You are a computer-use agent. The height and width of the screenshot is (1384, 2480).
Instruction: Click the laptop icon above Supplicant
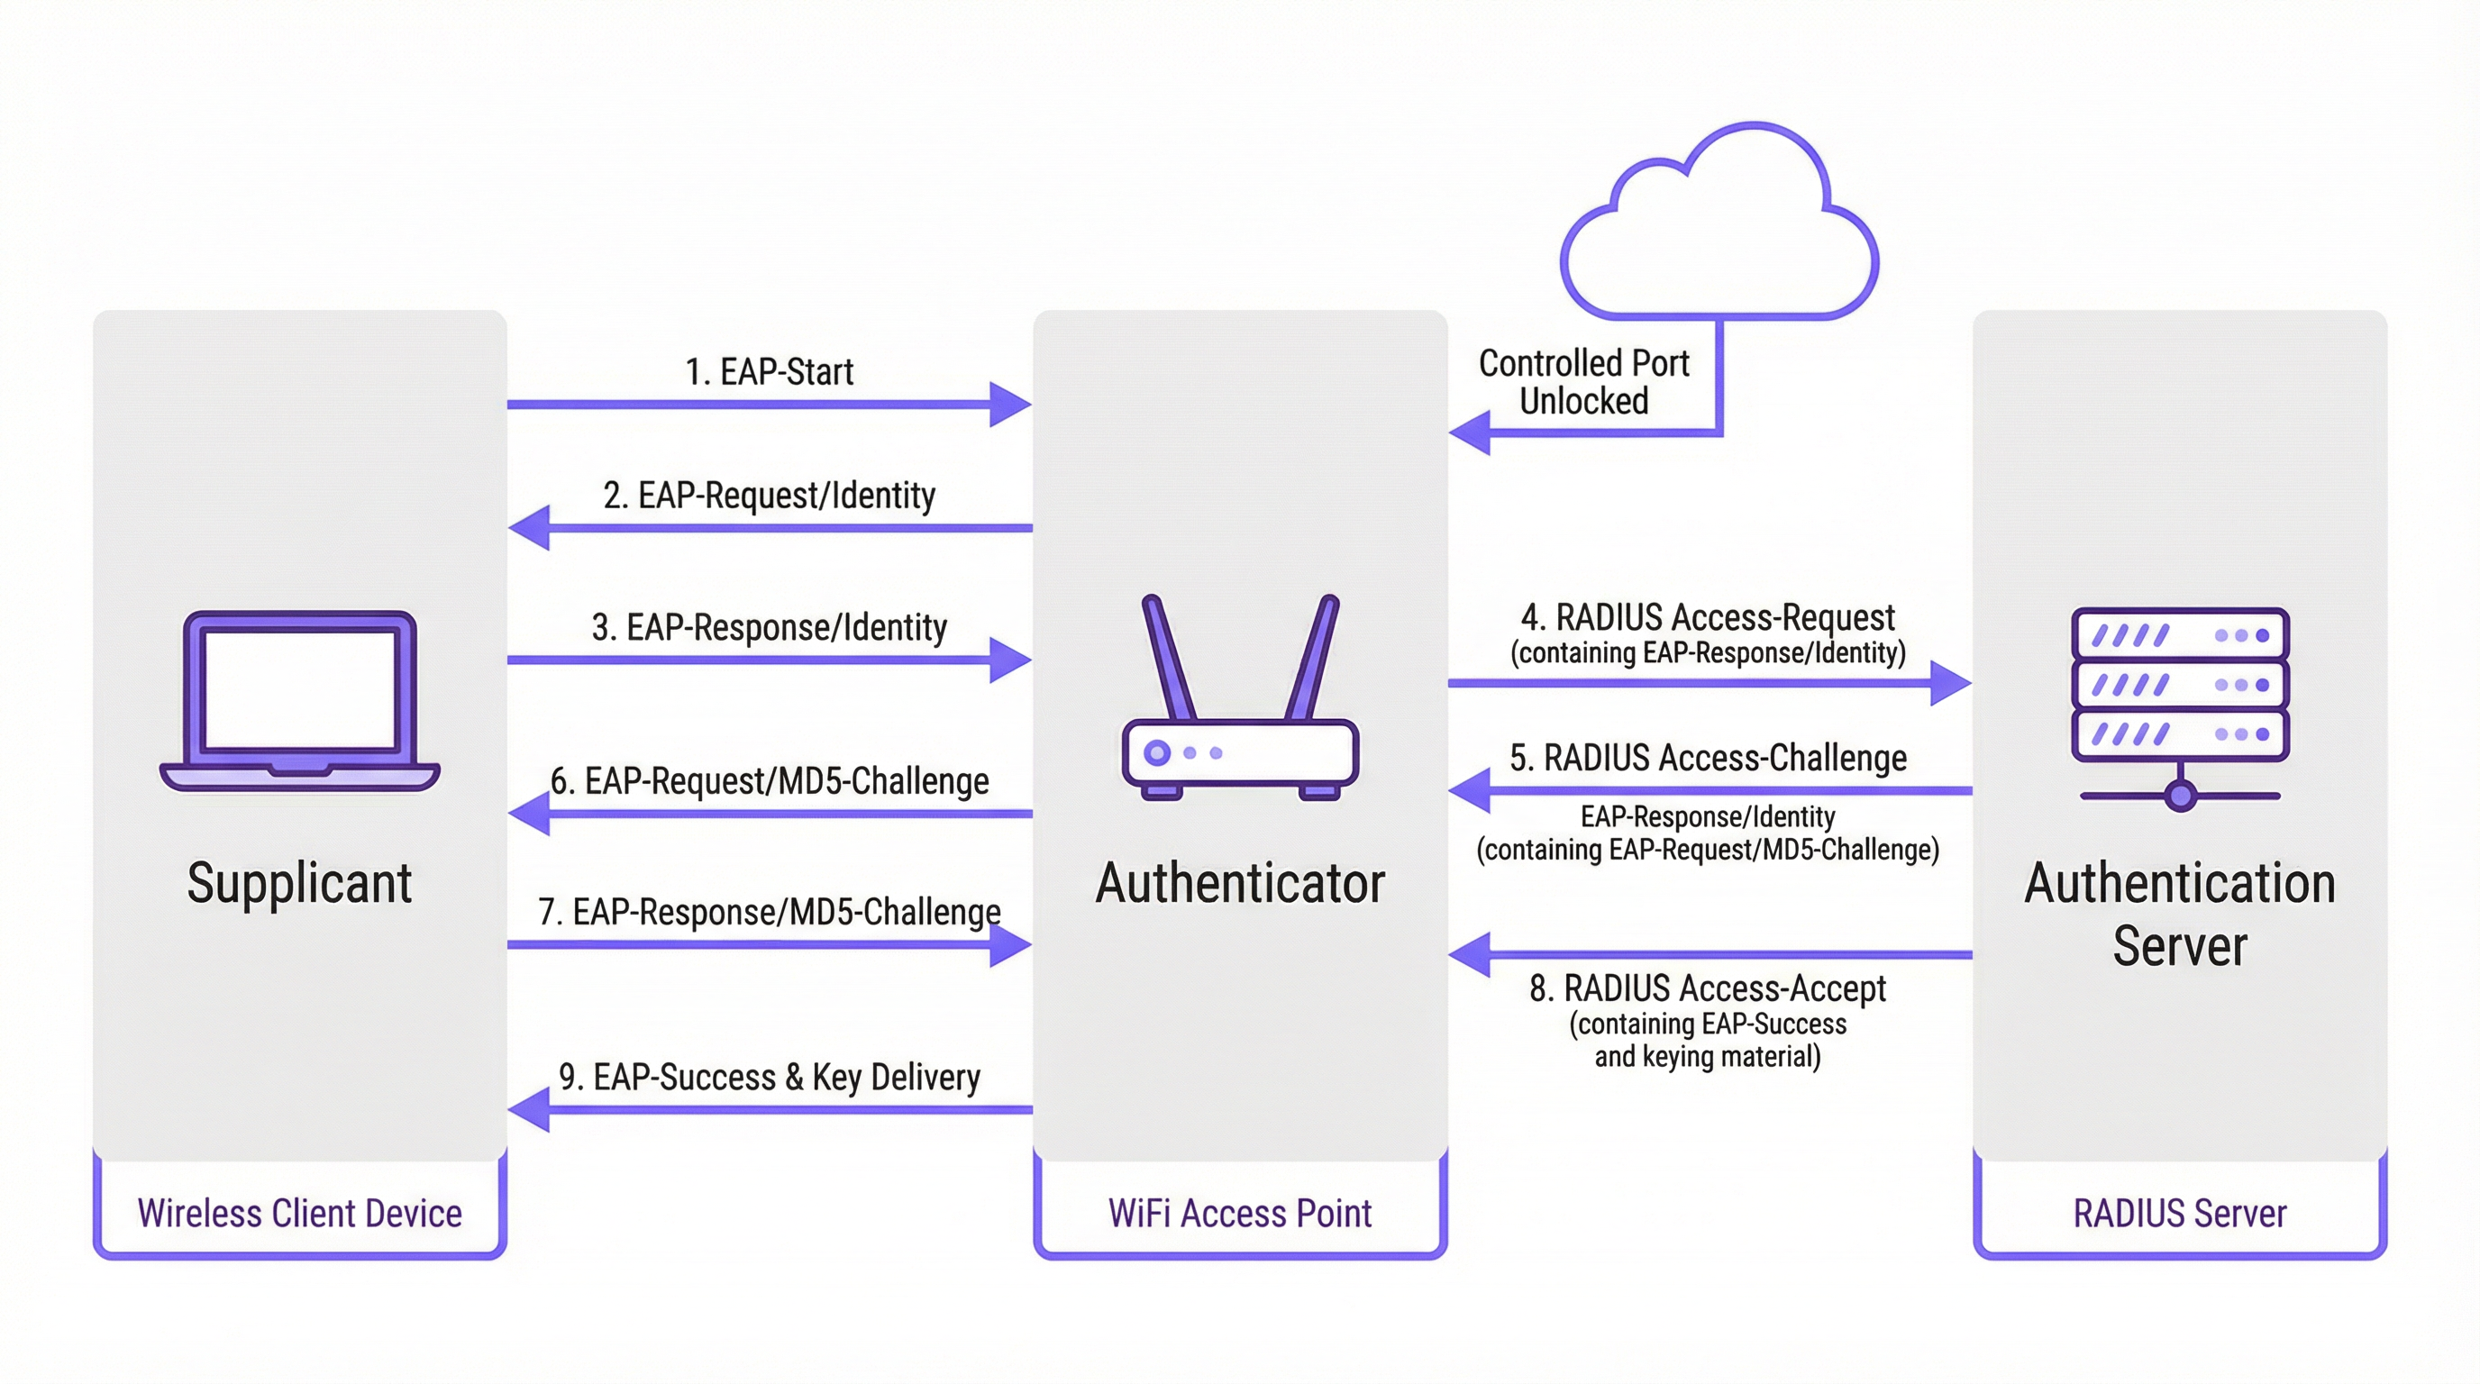click(299, 700)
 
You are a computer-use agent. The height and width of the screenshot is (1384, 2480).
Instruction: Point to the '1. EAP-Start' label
click(769, 371)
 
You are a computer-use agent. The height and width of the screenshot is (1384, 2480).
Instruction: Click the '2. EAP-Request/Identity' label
click(769, 496)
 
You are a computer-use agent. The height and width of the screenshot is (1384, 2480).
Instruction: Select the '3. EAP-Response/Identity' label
click(769, 627)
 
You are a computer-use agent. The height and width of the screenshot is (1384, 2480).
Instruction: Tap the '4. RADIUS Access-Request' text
click(1708, 617)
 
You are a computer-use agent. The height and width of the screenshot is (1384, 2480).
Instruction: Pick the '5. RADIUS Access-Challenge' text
click(1708, 759)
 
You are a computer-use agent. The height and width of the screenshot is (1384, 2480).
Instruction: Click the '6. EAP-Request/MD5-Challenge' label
click(769, 780)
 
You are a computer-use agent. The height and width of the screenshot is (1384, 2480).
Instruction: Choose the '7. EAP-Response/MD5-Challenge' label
click(769, 912)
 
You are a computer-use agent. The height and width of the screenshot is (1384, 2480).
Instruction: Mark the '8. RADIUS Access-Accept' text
click(1708, 988)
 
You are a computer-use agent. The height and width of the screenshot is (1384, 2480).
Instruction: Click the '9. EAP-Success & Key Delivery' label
click(769, 1077)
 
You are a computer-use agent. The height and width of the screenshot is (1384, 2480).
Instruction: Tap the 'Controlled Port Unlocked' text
click(1583, 382)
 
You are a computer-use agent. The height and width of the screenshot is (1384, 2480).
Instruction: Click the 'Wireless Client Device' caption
click(299, 1214)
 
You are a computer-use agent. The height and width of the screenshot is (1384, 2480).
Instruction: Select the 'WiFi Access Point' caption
click(1240, 1214)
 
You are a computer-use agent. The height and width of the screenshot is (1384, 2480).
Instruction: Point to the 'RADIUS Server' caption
click(2180, 1214)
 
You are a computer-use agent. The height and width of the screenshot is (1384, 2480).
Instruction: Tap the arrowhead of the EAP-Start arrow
click(1011, 405)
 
